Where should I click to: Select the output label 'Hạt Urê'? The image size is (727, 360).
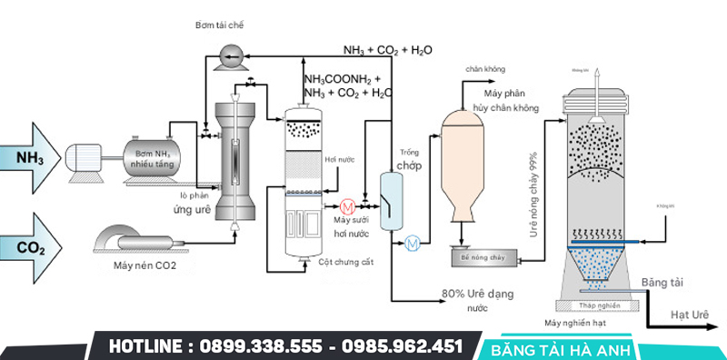point(690,314)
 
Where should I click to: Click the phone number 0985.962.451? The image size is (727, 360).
point(401,346)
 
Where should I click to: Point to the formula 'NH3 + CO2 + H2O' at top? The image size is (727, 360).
point(387,49)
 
